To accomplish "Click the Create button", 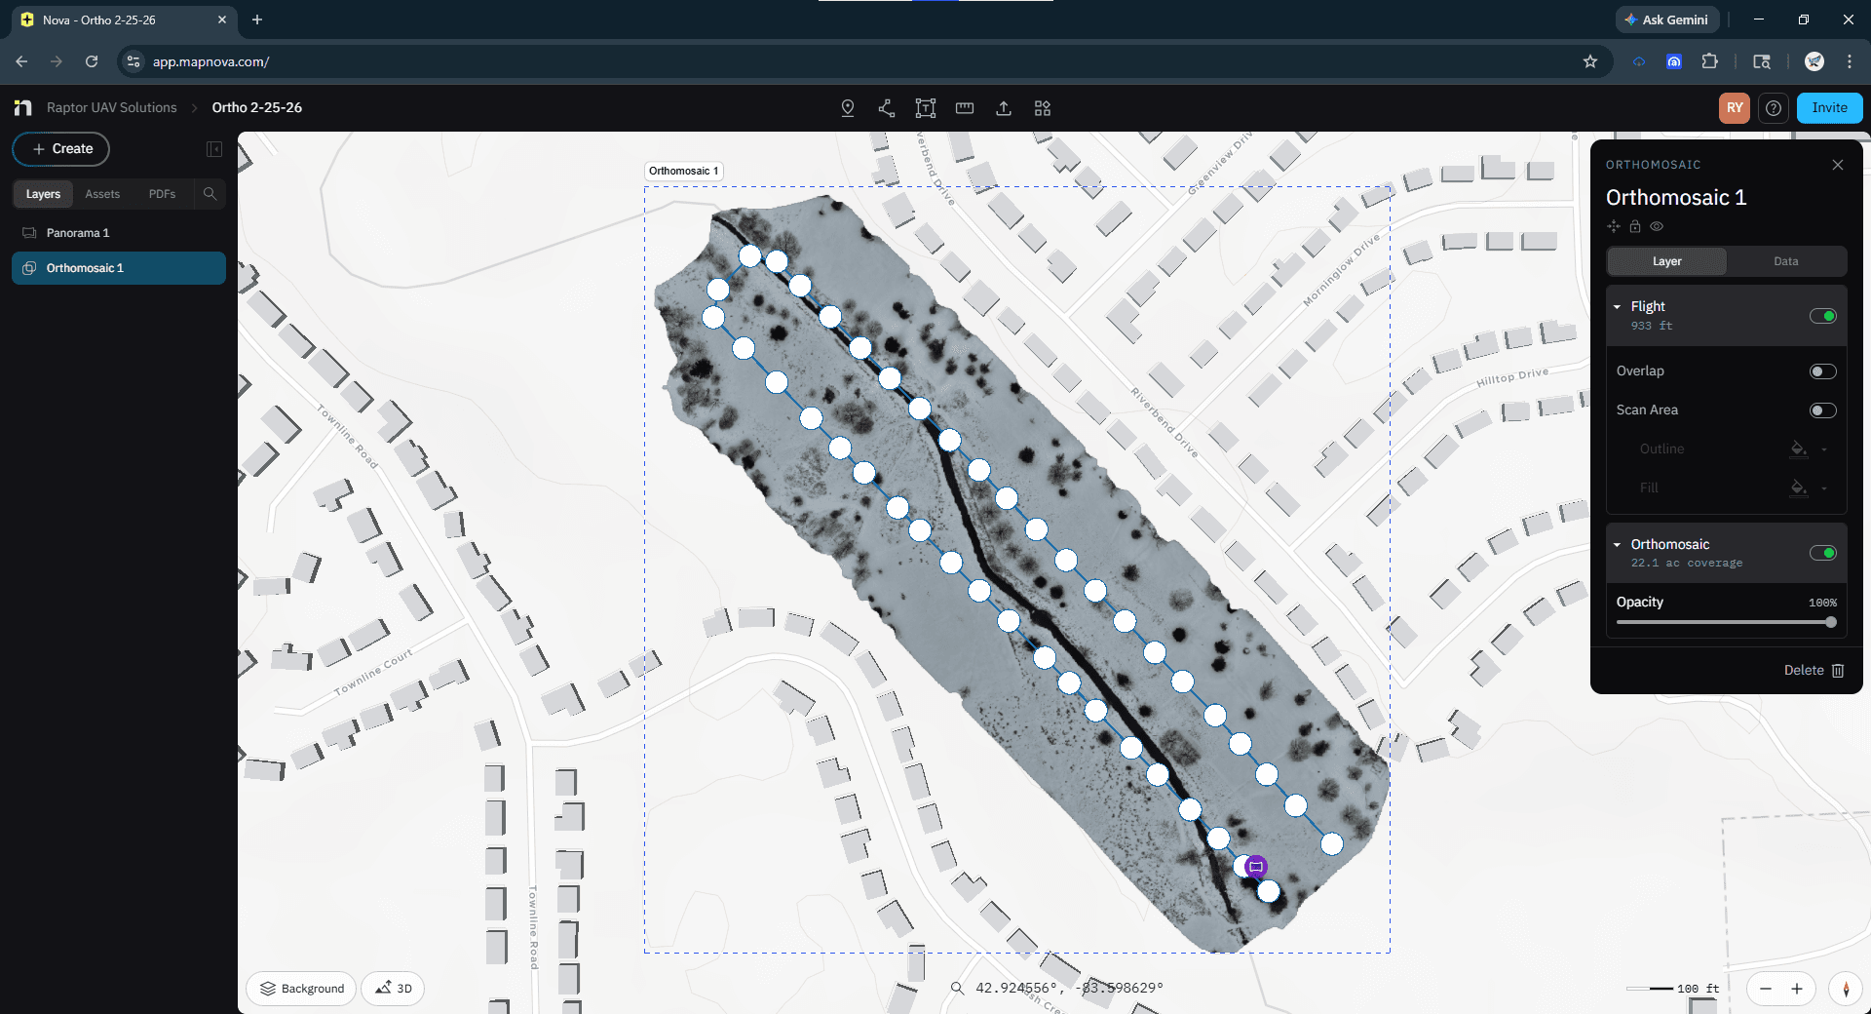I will click(x=61, y=149).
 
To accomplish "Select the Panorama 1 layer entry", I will click(x=78, y=233).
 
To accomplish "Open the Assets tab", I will click(x=102, y=194).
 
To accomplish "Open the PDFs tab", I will click(x=162, y=194).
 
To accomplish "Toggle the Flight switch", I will click(x=1822, y=316).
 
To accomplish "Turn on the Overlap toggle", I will click(x=1822, y=371).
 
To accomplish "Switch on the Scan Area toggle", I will click(x=1822, y=410).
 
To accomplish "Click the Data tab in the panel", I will click(x=1785, y=261).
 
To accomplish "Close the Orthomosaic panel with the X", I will click(x=1838, y=165).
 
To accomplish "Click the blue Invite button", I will click(x=1829, y=108).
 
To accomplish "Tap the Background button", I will click(x=302, y=988).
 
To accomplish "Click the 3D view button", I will click(x=394, y=988).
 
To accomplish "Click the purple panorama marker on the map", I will click(x=1256, y=866).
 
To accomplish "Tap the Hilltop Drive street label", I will click(x=1511, y=376).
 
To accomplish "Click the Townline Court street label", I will click(x=373, y=672).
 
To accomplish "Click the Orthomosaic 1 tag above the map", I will click(x=683, y=171).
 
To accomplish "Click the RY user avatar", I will click(x=1735, y=108).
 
